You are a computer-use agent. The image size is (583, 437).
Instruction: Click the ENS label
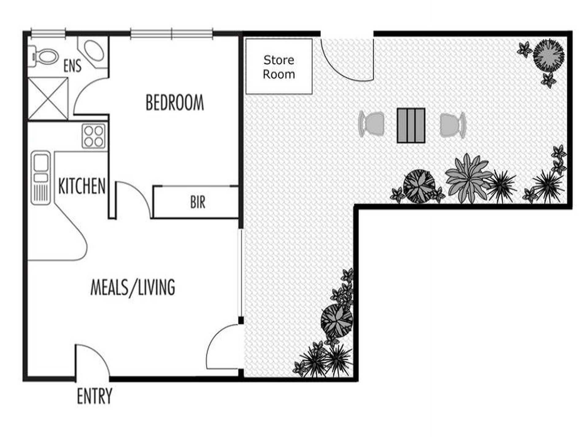pyautogui.click(x=72, y=66)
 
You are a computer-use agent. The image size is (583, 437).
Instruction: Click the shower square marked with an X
pyautogui.click(x=48, y=98)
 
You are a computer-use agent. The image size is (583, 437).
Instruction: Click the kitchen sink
pyautogui.click(x=41, y=178)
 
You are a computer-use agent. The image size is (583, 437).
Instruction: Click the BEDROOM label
pyautogui.click(x=175, y=102)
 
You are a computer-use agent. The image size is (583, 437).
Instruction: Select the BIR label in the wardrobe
pyautogui.click(x=198, y=202)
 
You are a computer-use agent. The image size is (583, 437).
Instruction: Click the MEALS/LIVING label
pyautogui.click(x=133, y=287)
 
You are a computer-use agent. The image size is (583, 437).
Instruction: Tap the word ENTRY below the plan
pyautogui.click(x=94, y=396)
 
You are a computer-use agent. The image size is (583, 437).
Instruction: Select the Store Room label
pyautogui.click(x=279, y=67)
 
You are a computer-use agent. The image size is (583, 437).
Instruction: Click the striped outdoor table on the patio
pyautogui.click(x=411, y=125)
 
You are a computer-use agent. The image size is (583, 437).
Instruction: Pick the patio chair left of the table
pyautogui.click(x=372, y=124)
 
